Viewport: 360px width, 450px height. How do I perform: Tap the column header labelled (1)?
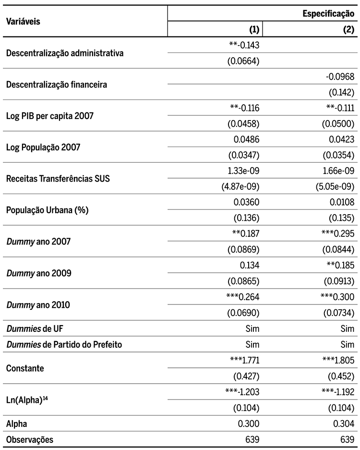[x=254, y=30]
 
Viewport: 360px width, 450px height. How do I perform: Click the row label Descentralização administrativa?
[x=64, y=53]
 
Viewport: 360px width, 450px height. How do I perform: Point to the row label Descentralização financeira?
[x=56, y=85]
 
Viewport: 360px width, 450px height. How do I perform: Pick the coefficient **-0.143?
[x=244, y=45]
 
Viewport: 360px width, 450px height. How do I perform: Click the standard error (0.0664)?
[x=243, y=61]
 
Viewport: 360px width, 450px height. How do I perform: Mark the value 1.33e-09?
[x=245, y=170]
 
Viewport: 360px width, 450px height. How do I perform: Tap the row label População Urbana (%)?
[x=41, y=209]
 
